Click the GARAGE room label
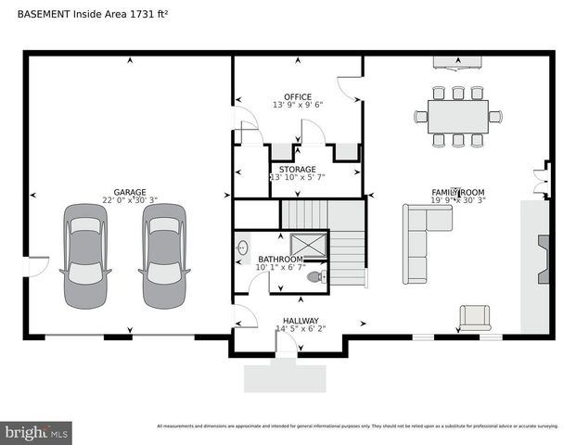(131, 192)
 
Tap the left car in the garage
(85, 255)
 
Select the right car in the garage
(164, 255)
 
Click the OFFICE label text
(298, 96)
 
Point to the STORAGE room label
(298, 170)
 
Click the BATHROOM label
(280, 260)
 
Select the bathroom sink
(243, 248)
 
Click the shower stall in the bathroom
(310, 245)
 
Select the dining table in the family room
(457, 116)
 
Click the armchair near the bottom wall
(476, 317)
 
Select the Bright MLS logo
(37, 432)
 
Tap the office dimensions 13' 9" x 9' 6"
(298, 106)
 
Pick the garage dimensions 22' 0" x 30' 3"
(131, 200)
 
